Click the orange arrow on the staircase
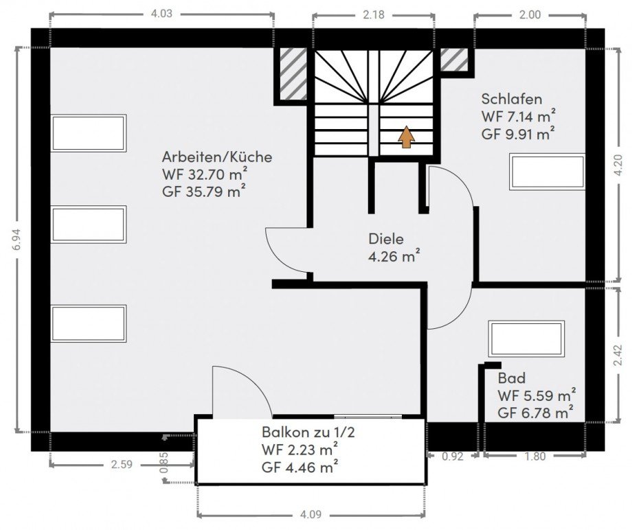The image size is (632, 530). [x=406, y=137]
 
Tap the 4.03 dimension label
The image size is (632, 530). [x=161, y=14]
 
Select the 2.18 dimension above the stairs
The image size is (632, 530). [x=374, y=15]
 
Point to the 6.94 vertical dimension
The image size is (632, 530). [x=16, y=240]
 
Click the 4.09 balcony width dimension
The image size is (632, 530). [x=311, y=515]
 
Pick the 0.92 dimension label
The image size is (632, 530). [x=453, y=457]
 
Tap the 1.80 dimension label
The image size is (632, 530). [x=535, y=457]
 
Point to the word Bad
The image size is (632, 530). [x=512, y=378]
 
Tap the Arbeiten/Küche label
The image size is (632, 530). [x=217, y=157]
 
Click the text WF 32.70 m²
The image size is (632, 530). [x=204, y=174]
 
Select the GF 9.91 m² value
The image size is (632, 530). [x=517, y=133]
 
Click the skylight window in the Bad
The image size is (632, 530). [x=526, y=339]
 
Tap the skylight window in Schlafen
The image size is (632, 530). [x=547, y=171]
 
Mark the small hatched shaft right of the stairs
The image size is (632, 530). [x=454, y=59]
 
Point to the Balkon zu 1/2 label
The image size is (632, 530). [x=308, y=432]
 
